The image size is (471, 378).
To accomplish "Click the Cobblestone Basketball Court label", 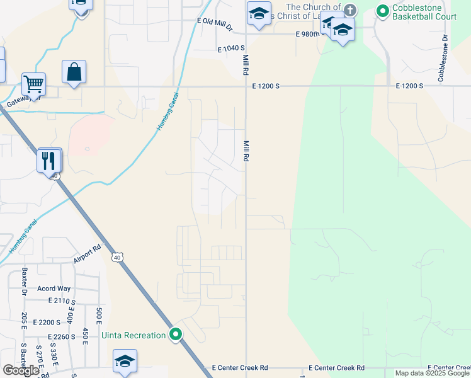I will (x=424, y=11).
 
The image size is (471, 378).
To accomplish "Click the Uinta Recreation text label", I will (x=133, y=335).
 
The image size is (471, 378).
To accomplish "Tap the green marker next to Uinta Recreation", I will (x=176, y=335).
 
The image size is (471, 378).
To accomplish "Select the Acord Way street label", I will (x=54, y=289).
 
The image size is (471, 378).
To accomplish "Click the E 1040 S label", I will (x=230, y=49).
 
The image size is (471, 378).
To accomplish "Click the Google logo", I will (x=20, y=370).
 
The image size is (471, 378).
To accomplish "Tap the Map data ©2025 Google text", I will (x=433, y=373).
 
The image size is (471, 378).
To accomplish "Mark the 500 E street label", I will (x=99, y=316).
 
